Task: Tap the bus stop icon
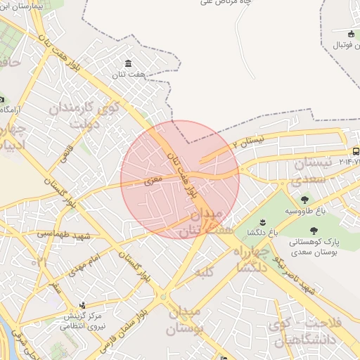pos(356,151)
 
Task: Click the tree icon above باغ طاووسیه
pos(304,200)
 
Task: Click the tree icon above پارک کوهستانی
pos(314,229)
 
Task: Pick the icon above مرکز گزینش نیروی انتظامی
pos(83,304)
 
